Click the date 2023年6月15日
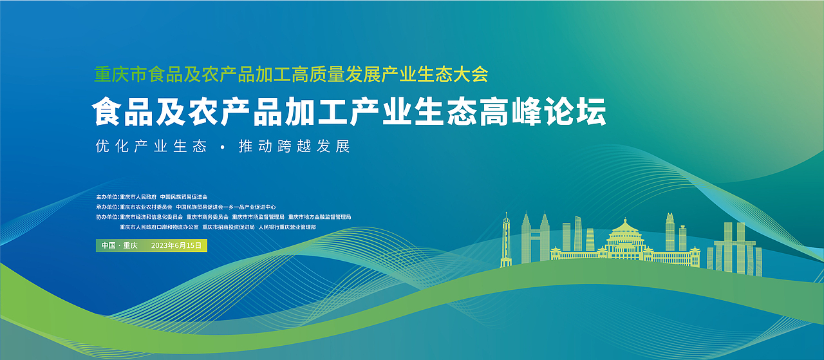pos(176,245)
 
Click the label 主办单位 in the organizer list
pos(108,196)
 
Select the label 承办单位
pos(108,207)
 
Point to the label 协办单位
pos(108,217)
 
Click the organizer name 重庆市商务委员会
pos(207,217)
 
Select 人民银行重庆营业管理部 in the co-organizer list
pos(287,227)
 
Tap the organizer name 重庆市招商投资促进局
pos(228,227)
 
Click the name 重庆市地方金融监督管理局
pos(320,217)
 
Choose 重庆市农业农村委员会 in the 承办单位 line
pos(146,207)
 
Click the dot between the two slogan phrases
pos(222,147)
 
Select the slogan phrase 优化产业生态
pos(151,146)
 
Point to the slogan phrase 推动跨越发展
pos(294,146)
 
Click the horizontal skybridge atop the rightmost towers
pos(735,243)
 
